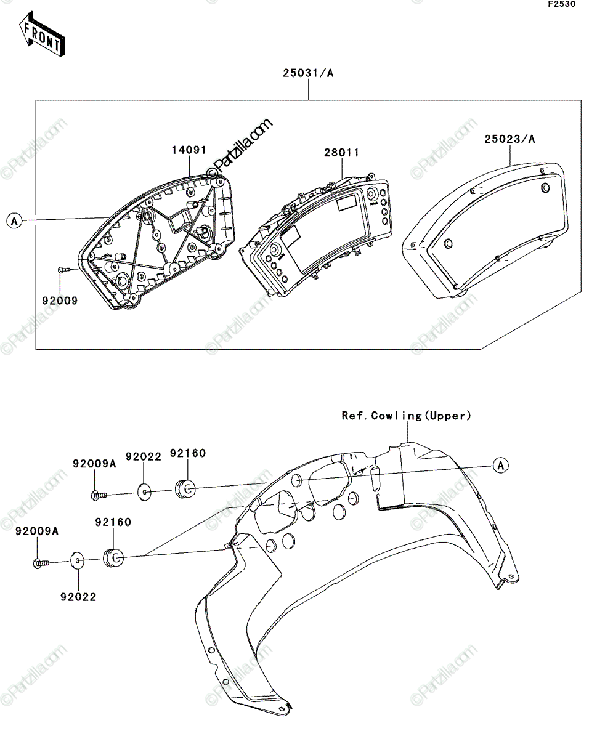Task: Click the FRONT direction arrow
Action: (42, 34)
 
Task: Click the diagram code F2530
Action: (562, 4)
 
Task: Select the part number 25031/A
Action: (308, 73)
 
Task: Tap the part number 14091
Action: (189, 150)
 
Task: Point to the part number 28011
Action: (342, 153)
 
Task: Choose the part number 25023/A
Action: (509, 139)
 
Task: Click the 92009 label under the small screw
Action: (60, 301)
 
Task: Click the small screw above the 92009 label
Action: (63, 270)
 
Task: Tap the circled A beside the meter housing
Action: (14, 221)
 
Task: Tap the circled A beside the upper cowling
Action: (501, 466)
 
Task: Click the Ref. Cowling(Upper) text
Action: (406, 416)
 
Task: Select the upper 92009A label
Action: (94, 464)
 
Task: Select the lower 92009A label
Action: (37, 531)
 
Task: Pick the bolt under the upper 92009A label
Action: (99, 496)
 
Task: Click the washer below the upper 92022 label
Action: (144, 492)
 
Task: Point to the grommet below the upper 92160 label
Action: (185, 488)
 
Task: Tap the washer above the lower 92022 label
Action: (78, 560)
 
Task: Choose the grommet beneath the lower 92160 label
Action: (113, 558)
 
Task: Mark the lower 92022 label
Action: (78, 597)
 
